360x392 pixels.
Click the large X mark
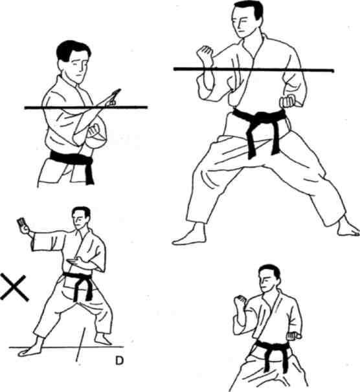14,287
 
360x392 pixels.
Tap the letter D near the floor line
119,360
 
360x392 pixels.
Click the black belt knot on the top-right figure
261,117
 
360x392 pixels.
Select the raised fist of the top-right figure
205,55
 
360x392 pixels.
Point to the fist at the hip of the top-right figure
287,101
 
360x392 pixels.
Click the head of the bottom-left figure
81,218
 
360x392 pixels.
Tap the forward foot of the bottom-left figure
30,348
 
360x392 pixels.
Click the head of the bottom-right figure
269,278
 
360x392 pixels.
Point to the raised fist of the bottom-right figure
240,302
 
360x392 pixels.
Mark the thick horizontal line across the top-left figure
86,107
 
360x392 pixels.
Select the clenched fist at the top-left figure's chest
94,130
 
